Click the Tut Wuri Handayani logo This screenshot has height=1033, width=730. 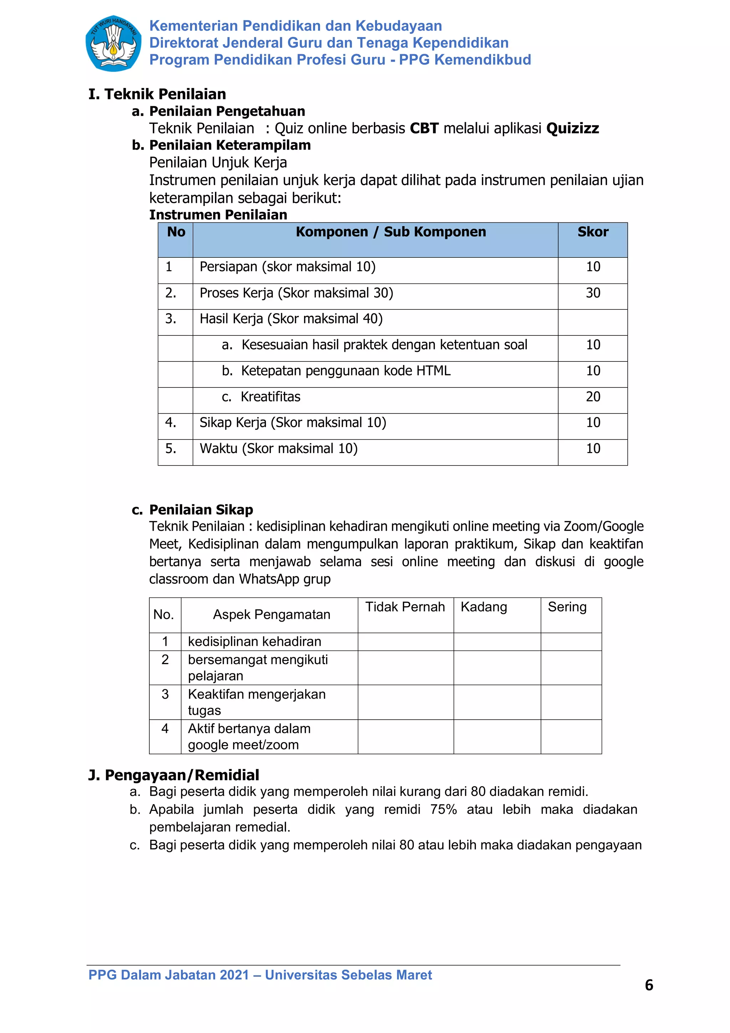click(113, 43)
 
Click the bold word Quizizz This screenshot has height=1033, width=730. click(572, 129)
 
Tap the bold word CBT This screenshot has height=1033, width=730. click(424, 129)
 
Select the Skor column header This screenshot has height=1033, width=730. click(592, 232)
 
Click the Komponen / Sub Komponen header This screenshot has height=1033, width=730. click(390, 232)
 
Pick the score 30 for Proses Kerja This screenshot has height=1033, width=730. click(592, 293)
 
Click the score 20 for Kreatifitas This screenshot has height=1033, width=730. click(592, 397)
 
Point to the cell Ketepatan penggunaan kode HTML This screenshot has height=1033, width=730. click(345, 371)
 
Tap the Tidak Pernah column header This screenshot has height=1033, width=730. click(405, 607)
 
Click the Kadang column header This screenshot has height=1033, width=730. click(484, 607)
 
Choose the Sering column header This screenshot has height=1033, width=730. click(567, 607)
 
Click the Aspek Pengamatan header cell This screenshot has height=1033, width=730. click(271, 615)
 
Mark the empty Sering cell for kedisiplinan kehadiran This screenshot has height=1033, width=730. click(571, 642)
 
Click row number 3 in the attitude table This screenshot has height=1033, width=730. click(165, 694)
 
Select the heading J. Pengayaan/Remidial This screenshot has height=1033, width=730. click(174, 775)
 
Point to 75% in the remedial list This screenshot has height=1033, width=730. click(443, 810)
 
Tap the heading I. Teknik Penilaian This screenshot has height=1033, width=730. click(158, 94)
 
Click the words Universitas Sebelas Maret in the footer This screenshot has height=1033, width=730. click(348, 975)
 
